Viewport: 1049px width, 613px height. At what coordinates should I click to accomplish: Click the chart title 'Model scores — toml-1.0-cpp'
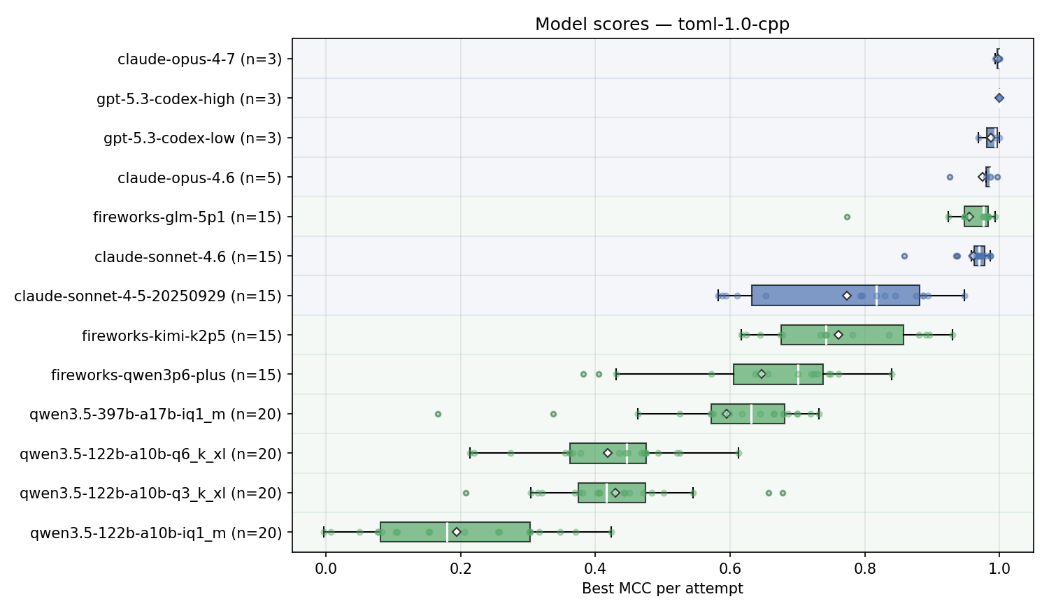tap(662, 24)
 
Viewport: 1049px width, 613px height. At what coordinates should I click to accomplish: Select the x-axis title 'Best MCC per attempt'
tap(662, 589)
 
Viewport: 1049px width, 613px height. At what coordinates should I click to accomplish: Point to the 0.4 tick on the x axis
tap(595, 553)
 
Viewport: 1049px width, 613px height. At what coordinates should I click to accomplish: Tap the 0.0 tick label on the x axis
tap(325, 568)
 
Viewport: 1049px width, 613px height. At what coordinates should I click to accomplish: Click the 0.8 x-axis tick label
tap(864, 568)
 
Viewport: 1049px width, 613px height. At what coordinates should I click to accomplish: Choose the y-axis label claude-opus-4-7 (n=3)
tap(199, 59)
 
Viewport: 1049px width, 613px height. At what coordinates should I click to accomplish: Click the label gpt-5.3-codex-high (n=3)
tap(189, 99)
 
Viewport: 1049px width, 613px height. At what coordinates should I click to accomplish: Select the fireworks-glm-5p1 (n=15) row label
tap(187, 217)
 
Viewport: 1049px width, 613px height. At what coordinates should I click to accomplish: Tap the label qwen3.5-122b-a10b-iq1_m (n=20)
tap(155, 533)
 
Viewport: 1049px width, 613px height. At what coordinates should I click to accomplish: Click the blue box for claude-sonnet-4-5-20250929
tap(804, 296)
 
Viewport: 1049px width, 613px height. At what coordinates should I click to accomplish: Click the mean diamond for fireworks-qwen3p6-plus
tap(762, 375)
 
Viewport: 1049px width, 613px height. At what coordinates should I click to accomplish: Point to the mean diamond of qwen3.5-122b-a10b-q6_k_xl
tap(608, 454)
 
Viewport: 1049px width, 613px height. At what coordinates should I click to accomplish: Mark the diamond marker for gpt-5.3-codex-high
tap(999, 99)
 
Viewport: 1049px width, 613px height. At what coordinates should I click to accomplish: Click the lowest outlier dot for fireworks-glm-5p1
tap(847, 217)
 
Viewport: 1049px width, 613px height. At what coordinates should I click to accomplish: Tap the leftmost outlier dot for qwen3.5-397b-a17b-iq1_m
tap(438, 414)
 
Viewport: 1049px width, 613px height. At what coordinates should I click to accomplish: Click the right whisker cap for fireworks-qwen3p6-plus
tap(892, 375)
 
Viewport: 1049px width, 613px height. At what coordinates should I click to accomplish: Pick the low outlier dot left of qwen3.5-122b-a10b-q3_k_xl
tap(466, 493)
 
